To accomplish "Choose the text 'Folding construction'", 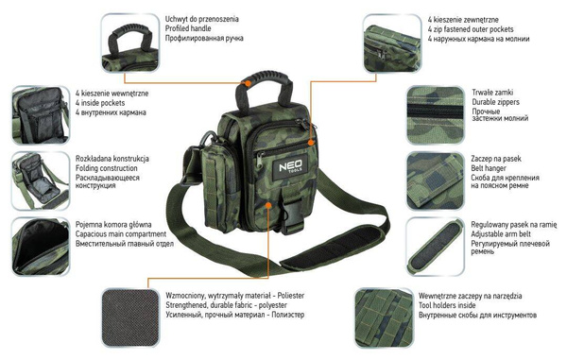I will (112, 169).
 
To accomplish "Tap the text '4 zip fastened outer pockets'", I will (477, 27).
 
